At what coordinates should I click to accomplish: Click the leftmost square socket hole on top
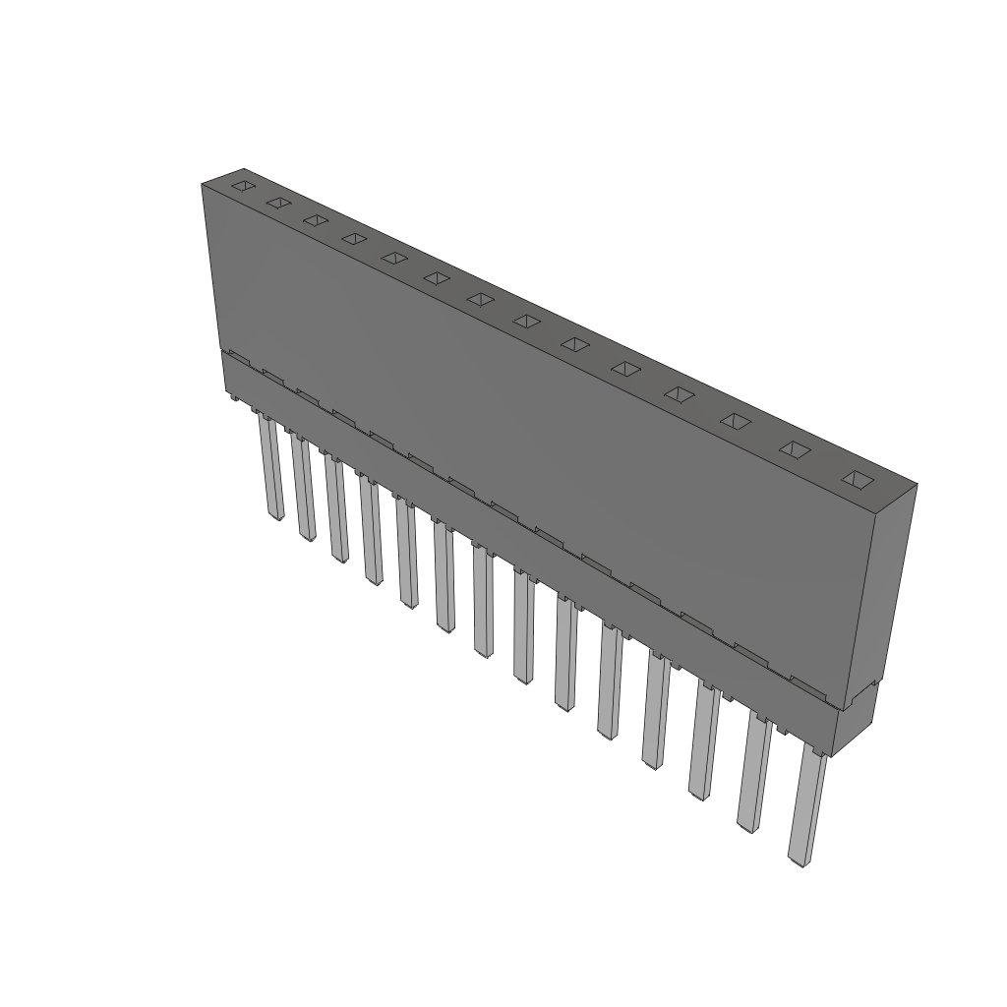pos(242,185)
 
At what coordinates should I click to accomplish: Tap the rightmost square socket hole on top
pos(859,479)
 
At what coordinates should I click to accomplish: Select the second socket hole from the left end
pos(278,203)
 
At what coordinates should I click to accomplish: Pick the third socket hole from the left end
pos(315,220)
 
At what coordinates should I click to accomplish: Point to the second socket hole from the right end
pos(796,449)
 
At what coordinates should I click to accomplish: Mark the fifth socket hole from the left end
pos(393,258)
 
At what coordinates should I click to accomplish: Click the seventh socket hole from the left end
pos(480,299)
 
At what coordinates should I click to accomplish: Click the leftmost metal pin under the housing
pos(269,466)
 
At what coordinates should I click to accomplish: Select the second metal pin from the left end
pos(302,488)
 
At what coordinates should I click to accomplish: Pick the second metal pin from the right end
pos(753,771)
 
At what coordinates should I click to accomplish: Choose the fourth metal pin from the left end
pos(371,531)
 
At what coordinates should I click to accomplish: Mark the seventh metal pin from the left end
pos(482,601)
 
